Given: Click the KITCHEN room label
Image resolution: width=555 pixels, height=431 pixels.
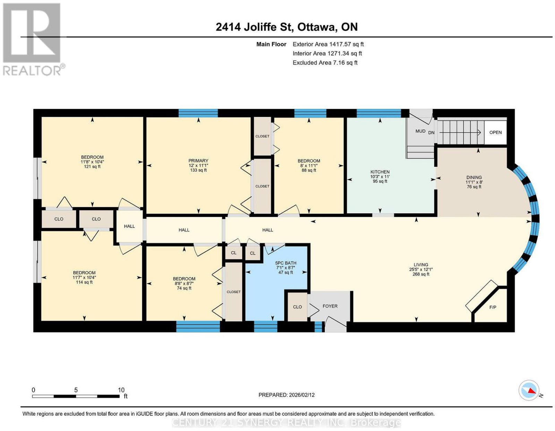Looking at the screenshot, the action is pyautogui.click(x=380, y=172).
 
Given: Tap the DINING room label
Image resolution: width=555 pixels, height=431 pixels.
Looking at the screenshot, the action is pyautogui.click(x=474, y=177).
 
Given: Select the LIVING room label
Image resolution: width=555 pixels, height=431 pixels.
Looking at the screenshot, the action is pyautogui.click(x=421, y=265).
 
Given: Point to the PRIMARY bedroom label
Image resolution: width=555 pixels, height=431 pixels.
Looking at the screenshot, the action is pyautogui.click(x=198, y=161).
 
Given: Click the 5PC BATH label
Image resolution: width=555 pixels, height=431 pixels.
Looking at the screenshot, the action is pyautogui.click(x=285, y=263).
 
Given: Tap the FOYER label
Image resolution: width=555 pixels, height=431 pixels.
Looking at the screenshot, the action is pyautogui.click(x=330, y=306).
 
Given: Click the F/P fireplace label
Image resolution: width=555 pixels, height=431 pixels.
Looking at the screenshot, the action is pyautogui.click(x=493, y=307).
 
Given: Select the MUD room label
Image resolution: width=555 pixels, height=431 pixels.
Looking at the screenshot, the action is pyautogui.click(x=420, y=131).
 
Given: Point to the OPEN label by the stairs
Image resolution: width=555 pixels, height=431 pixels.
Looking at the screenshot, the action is pyautogui.click(x=495, y=132).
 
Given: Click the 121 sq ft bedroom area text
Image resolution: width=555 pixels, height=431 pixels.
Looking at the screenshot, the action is pyautogui.click(x=92, y=166).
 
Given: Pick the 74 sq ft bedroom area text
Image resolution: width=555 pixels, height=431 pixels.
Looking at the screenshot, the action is pyautogui.click(x=184, y=288).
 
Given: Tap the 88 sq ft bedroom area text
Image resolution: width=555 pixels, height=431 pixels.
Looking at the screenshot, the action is pyautogui.click(x=309, y=170).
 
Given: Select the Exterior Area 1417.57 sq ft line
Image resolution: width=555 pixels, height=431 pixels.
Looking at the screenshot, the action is pyautogui.click(x=328, y=44).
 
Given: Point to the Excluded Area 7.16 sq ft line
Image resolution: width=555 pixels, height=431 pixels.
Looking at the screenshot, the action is pyautogui.click(x=325, y=62).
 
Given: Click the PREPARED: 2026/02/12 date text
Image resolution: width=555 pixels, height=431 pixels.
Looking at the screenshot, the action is pyautogui.click(x=287, y=395).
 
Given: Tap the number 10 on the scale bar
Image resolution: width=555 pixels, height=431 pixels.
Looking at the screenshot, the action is pyautogui.click(x=121, y=390).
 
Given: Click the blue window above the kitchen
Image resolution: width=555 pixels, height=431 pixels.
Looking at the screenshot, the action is pyautogui.click(x=378, y=113).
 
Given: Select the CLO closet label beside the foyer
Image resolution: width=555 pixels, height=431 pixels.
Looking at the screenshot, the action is pyautogui.click(x=297, y=307).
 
